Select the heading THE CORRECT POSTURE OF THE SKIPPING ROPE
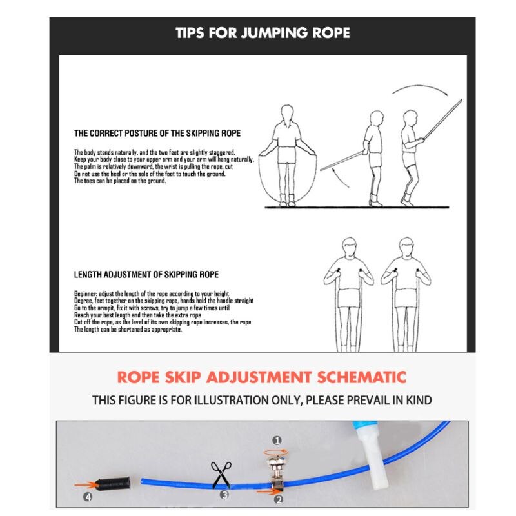tap(157, 134)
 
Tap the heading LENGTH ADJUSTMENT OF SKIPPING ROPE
tap(146, 275)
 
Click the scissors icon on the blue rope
tap(221, 475)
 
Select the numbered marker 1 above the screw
tap(277, 441)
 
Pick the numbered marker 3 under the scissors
tap(224, 495)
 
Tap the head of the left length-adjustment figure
tap(349, 248)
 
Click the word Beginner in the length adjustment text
tap(86, 294)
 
